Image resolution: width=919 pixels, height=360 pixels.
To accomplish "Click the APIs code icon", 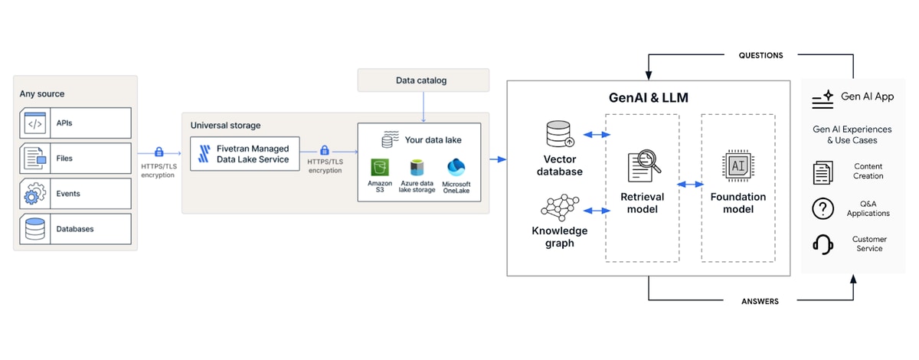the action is tap(35, 123).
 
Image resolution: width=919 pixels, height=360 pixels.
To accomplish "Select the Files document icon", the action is tap(35, 158).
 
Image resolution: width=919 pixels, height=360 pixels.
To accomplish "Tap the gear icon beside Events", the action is tap(35, 193).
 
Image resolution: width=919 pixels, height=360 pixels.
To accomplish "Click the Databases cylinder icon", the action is tap(35, 229).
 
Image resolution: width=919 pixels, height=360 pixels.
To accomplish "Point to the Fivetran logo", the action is tap(204, 153).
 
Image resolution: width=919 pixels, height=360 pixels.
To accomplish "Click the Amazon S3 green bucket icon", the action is tap(380, 168).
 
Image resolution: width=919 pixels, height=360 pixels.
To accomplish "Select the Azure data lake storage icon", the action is tap(417, 168).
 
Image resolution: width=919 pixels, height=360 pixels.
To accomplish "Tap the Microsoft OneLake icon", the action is tap(456, 168).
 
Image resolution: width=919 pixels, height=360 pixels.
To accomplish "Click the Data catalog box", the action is tap(423, 80).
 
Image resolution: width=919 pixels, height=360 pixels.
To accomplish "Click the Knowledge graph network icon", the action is tap(560, 208).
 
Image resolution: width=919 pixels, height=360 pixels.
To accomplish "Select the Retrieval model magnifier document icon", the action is tap(644, 165).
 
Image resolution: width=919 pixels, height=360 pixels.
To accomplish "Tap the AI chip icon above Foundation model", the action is tap(737, 165).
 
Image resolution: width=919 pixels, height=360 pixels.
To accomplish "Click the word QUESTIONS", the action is tap(760, 55).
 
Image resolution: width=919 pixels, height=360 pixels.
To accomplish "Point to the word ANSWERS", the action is tap(760, 301).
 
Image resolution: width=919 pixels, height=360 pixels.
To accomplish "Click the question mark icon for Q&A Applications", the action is tap(823, 208).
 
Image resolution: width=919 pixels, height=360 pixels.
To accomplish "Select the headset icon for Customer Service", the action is tap(823, 244).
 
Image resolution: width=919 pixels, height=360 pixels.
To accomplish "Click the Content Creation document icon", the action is tap(823, 172).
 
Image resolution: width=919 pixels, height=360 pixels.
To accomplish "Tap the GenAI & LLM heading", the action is tap(648, 98).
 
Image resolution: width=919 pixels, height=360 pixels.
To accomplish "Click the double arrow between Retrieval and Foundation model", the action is tap(690, 185).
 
